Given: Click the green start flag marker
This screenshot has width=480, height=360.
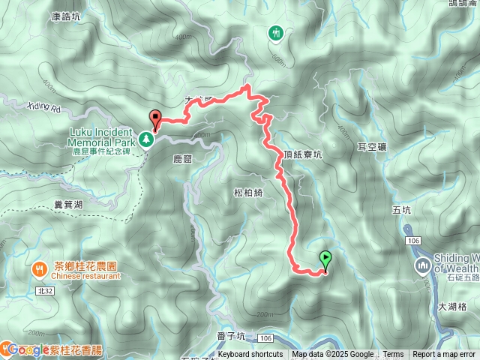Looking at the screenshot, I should coord(325,259).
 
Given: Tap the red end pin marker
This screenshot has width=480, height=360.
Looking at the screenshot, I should coord(156,118).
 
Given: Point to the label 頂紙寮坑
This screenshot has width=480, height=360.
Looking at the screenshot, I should coord(303,155).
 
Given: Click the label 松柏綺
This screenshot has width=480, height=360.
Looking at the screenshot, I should coord(248,193).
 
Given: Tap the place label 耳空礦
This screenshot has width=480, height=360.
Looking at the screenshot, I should coord(372,148).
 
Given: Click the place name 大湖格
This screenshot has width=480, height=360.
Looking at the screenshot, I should coord(452,306).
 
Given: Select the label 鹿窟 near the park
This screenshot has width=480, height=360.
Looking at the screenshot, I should coord(183,160).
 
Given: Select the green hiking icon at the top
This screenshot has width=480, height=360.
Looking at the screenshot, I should coord(276,32).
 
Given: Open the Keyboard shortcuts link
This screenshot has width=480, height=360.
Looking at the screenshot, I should coord(250,355).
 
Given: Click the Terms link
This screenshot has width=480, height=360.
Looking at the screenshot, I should coord(393,355).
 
